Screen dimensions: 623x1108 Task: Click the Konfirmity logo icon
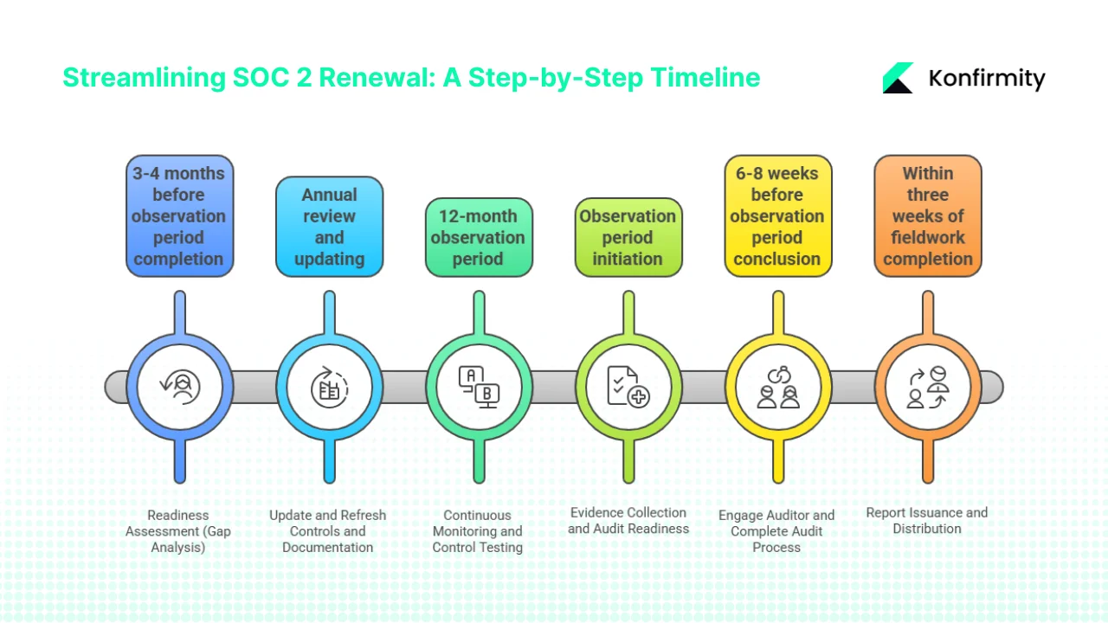[899, 78]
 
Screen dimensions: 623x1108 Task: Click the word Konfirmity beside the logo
[987, 79]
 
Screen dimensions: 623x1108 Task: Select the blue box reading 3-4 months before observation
[179, 216]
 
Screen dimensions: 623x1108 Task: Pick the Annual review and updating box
[329, 227]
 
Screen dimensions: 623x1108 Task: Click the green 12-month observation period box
[479, 237]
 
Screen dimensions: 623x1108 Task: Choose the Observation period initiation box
[628, 237]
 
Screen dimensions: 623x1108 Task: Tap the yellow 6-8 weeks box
[777, 216]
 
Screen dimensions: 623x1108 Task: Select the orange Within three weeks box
[927, 216]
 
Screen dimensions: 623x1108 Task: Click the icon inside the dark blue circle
[180, 387]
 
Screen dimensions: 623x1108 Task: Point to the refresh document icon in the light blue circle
[329, 387]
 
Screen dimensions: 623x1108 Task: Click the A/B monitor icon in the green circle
[479, 387]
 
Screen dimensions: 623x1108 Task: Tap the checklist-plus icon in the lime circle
[628, 387]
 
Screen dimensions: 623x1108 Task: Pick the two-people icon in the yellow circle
[777, 387]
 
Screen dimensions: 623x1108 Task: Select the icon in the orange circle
[927, 387]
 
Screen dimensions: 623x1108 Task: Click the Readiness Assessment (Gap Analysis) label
[178, 531]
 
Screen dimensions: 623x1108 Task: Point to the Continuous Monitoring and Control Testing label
[478, 531]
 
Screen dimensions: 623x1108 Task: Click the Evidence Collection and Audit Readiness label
[628, 520]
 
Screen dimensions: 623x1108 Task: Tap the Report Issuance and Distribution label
[927, 520]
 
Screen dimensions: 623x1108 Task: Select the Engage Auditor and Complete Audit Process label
[776, 531]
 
